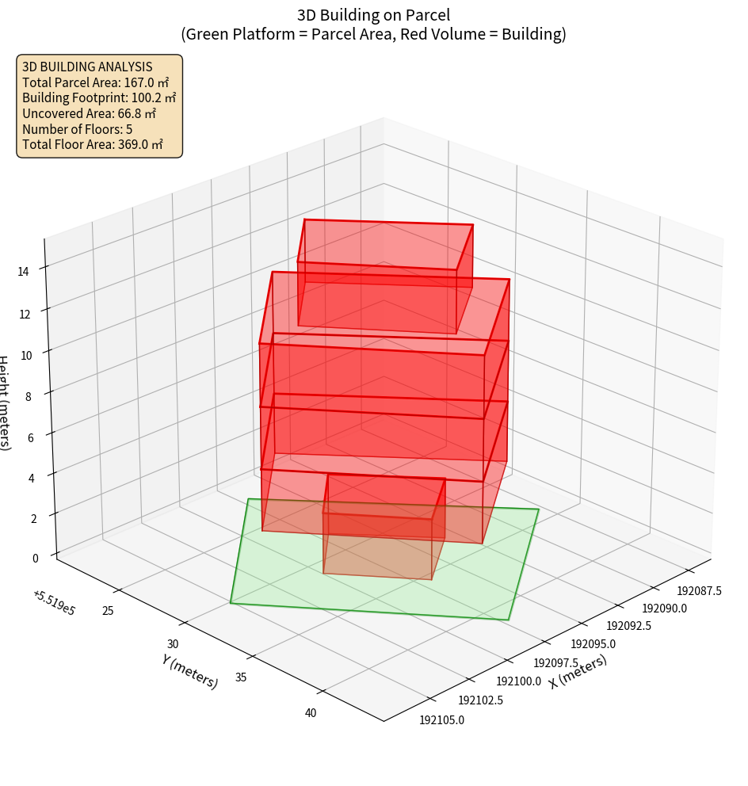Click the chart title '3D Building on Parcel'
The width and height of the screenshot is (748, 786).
tap(373, 15)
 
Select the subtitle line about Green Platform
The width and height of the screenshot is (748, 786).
tap(373, 34)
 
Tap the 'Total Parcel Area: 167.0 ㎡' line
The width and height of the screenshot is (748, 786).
tap(96, 82)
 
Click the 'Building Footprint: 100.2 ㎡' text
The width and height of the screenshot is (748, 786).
tap(99, 97)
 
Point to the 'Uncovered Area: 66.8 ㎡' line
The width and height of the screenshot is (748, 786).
tap(92, 113)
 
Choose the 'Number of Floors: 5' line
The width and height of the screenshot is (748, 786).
tap(78, 128)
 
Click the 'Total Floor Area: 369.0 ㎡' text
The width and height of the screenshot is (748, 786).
tap(93, 144)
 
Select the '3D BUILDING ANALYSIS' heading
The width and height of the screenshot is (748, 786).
tap(87, 67)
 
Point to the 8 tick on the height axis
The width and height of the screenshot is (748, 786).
tap(29, 396)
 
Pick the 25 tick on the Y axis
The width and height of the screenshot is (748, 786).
tap(108, 610)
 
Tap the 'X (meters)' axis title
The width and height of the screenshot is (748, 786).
tap(578, 672)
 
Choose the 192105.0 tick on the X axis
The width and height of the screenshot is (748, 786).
tap(442, 720)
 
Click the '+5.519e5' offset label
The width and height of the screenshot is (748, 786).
tap(54, 603)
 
